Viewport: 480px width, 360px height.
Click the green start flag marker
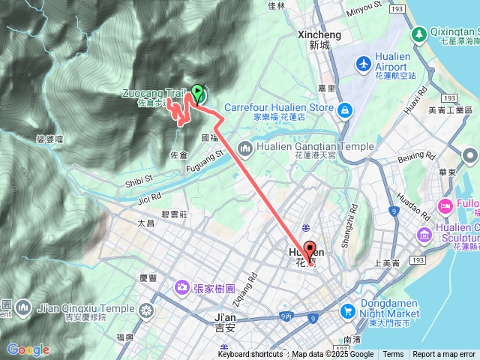point(197,93)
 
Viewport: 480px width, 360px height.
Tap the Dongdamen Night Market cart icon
point(347,309)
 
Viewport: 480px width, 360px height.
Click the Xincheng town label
point(319,34)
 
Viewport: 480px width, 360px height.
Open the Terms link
point(393,355)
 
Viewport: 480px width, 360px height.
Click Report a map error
point(443,355)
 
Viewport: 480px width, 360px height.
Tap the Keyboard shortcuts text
point(251,355)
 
